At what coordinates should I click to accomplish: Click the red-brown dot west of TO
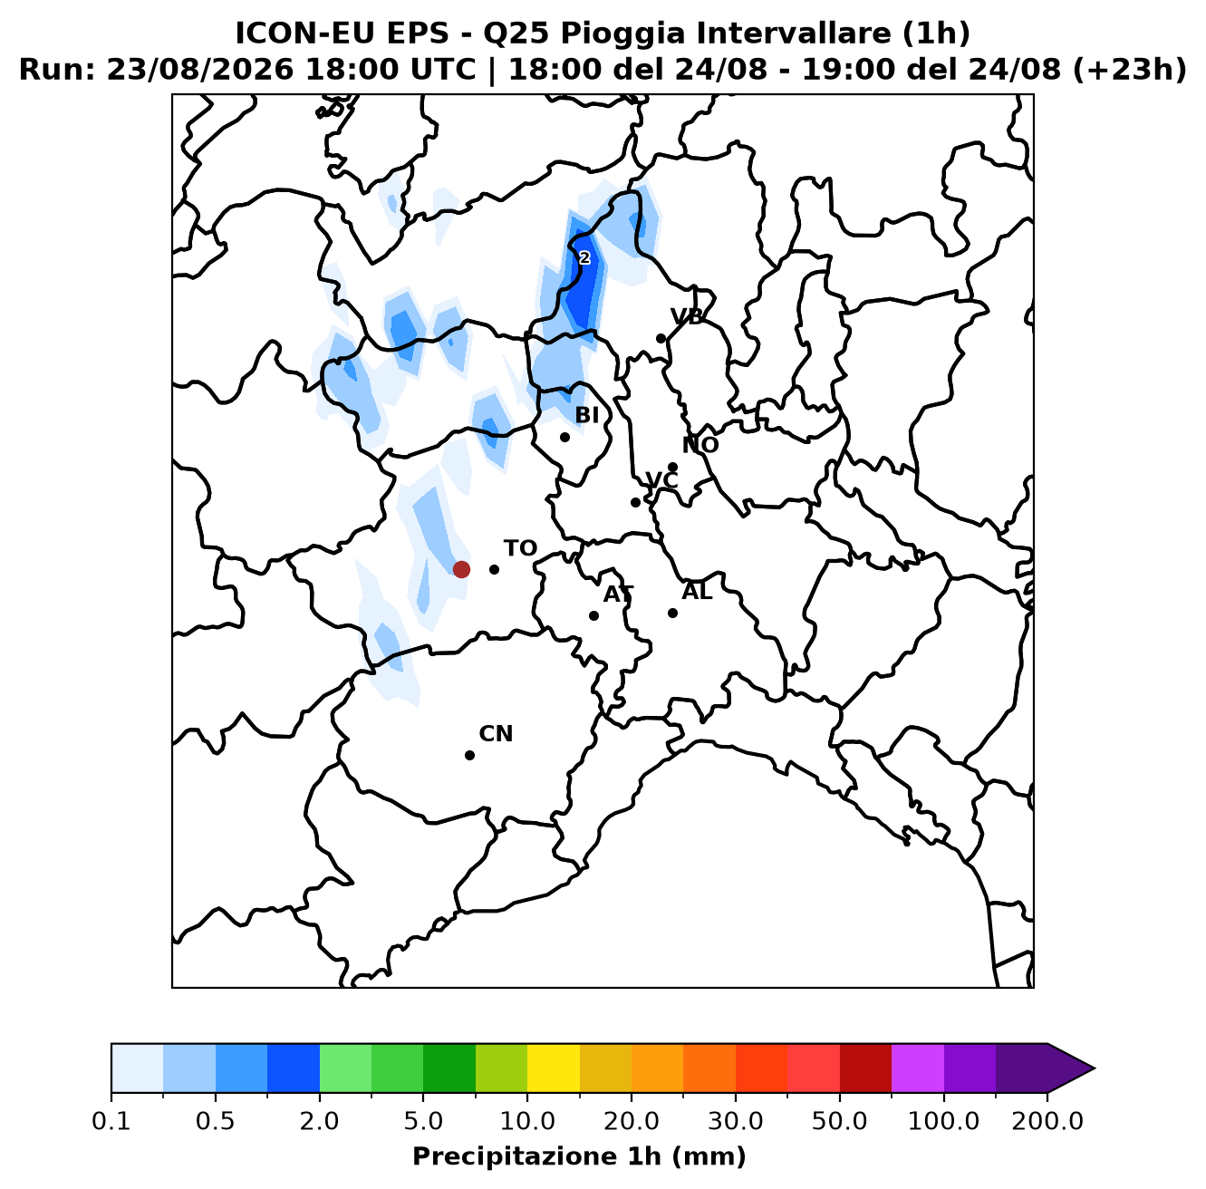(x=461, y=569)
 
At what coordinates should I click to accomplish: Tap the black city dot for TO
(x=494, y=569)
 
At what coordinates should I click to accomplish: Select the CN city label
(x=496, y=734)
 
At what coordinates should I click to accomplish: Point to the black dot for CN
(x=469, y=755)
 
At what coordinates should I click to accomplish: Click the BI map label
(x=587, y=415)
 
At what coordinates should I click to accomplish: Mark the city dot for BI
(x=564, y=437)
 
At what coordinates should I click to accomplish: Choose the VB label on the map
(x=687, y=316)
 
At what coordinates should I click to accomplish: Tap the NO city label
(x=700, y=445)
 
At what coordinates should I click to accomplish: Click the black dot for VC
(x=635, y=502)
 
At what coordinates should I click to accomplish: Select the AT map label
(x=619, y=594)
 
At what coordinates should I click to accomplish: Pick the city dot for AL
(x=672, y=613)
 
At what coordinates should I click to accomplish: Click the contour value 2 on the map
(x=584, y=258)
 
